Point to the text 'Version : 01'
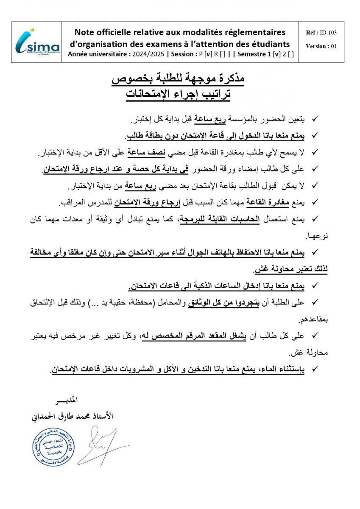[x=321, y=46]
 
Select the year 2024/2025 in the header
[x=148, y=54]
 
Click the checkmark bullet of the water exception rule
[x=315, y=369]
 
